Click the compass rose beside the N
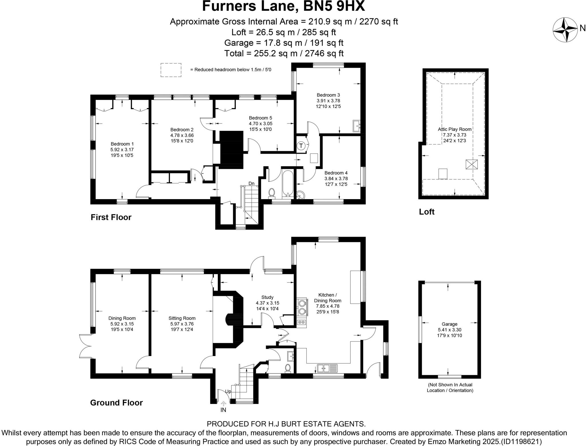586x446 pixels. coord(565,29)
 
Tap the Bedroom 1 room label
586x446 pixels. coord(122,144)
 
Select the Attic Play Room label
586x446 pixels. coord(455,129)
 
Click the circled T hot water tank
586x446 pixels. coord(301,146)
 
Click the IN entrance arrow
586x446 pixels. coord(223,403)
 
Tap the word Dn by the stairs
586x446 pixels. coord(251,183)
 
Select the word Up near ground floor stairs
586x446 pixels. coord(228,391)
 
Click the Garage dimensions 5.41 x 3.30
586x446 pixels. coord(450,330)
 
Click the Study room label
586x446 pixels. coord(268,297)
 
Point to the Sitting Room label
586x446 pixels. coord(182,318)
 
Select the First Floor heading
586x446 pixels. coord(111,217)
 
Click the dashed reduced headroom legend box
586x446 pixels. coord(171,70)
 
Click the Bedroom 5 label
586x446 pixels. coord(260,118)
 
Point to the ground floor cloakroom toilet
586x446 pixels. coord(288,368)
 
